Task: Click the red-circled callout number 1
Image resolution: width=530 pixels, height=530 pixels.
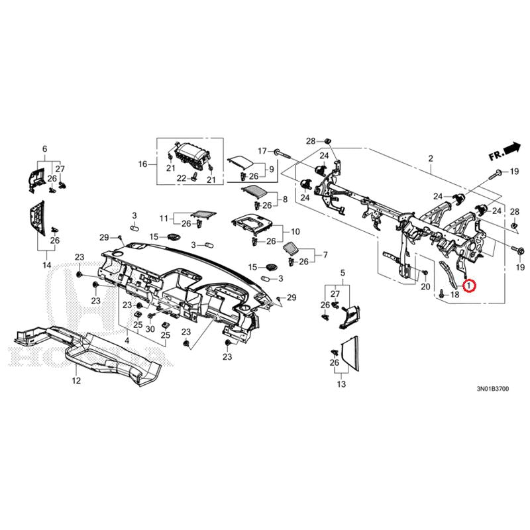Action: [x=469, y=286]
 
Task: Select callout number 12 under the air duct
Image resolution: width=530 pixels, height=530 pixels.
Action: [x=76, y=381]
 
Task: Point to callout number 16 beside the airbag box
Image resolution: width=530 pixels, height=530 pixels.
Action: [x=142, y=164]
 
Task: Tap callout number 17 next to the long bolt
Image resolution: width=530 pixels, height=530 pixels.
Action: [x=262, y=151]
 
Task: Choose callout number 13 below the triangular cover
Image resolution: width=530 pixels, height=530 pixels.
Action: [x=342, y=384]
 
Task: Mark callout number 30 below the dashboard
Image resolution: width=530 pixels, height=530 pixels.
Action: [x=150, y=329]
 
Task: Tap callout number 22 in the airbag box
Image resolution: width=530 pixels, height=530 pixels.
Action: [x=181, y=178]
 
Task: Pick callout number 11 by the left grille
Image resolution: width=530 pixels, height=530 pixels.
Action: [x=164, y=218]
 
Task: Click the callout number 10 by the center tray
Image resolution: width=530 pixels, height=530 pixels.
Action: [x=295, y=232]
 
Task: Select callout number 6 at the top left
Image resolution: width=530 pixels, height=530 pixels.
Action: [x=45, y=148]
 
